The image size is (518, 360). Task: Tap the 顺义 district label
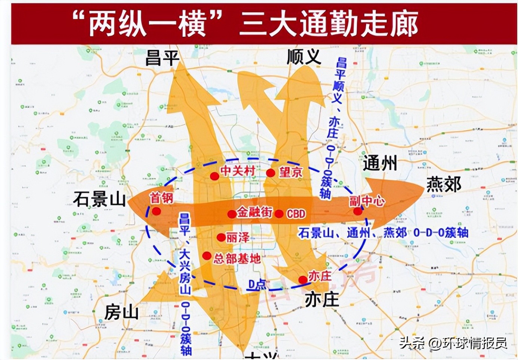click(303, 57)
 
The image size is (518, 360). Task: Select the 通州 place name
click(380, 163)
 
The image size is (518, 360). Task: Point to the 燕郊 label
click(444, 184)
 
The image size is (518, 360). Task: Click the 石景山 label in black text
click(99, 199)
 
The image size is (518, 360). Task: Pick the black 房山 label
click(121, 312)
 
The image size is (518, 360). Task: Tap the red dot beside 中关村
click(214, 176)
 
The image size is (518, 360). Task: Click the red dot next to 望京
click(271, 173)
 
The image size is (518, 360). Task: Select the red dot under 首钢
click(156, 211)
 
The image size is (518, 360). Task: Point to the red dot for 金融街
click(232, 214)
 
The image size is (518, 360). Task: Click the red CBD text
click(296, 214)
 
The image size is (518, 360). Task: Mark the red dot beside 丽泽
click(221, 238)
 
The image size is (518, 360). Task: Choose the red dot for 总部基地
click(207, 256)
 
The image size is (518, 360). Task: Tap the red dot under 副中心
click(358, 211)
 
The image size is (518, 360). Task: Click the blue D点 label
click(257, 285)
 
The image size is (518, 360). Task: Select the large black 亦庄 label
click(321, 300)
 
